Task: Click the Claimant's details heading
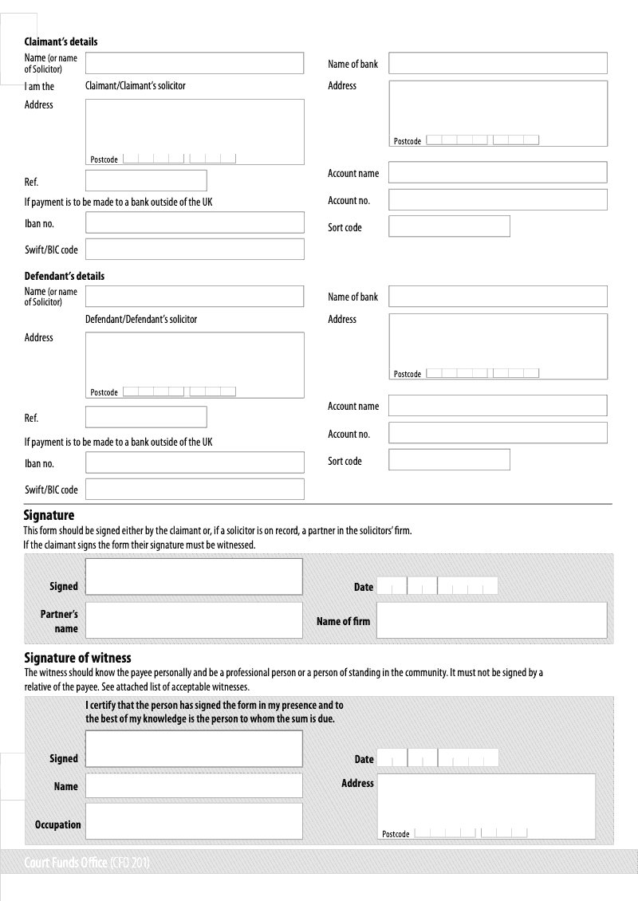click(61, 41)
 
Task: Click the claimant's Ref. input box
click(146, 180)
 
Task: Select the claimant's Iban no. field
click(195, 222)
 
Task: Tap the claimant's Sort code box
click(449, 226)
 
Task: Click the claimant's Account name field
click(498, 172)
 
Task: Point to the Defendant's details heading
click(64, 276)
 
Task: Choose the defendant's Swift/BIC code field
click(195, 489)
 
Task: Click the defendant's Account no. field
click(498, 433)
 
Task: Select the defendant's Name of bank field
click(498, 297)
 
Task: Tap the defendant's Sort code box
click(449, 460)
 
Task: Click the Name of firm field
click(491, 620)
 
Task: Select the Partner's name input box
click(194, 620)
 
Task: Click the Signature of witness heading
click(77, 658)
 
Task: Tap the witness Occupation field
click(194, 821)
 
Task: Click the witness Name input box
click(194, 785)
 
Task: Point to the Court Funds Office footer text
click(88, 863)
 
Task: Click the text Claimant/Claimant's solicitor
click(135, 85)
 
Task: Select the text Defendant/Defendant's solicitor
click(140, 319)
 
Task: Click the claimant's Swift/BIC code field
click(195, 250)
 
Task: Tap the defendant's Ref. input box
click(146, 417)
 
